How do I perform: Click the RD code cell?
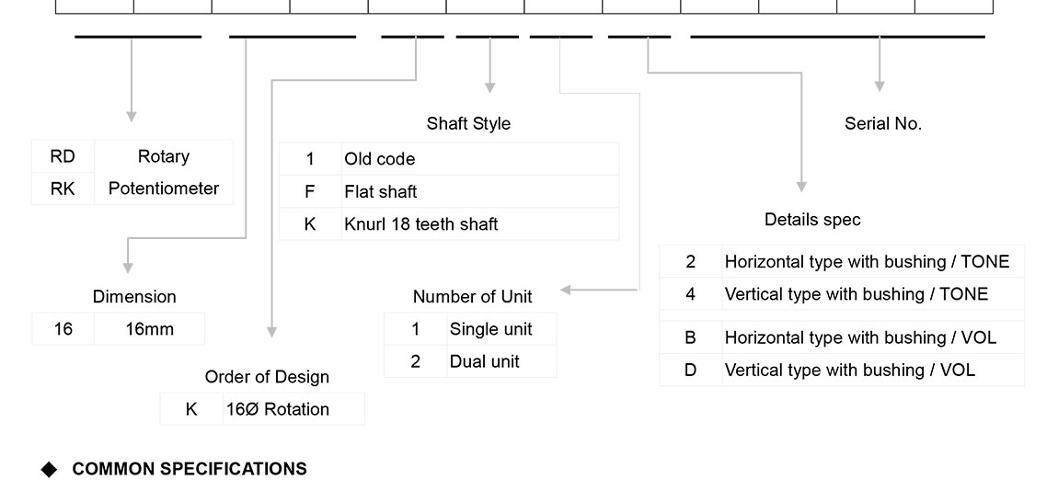pyautogui.click(x=63, y=156)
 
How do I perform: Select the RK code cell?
pyautogui.click(x=63, y=188)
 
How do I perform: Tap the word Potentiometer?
pyautogui.click(x=164, y=188)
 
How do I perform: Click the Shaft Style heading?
pyautogui.click(x=468, y=123)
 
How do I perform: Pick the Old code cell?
pyautogui.click(x=380, y=159)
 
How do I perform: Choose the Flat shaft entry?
pyautogui.click(x=381, y=191)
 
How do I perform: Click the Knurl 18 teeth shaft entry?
pyautogui.click(x=421, y=223)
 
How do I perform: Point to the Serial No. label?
pyautogui.click(x=883, y=123)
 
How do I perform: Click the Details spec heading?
pyautogui.click(x=812, y=220)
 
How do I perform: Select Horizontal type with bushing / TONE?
pyautogui.click(x=867, y=262)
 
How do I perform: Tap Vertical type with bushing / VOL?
pyautogui.click(x=850, y=370)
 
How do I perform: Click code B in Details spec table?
pyautogui.click(x=691, y=337)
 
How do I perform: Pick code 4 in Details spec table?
pyautogui.click(x=691, y=294)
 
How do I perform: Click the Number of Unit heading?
pyautogui.click(x=472, y=296)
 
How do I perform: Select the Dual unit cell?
pyautogui.click(x=485, y=361)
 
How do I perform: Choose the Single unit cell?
pyautogui.click(x=490, y=329)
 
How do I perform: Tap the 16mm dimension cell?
pyautogui.click(x=149, y=329)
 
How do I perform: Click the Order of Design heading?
pyautogui.click(x=267, y=377)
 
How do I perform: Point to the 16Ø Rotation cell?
pyautogui.click(x=278, y=409)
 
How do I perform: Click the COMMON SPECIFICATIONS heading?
pyautogui.click(x=190, y=469)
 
